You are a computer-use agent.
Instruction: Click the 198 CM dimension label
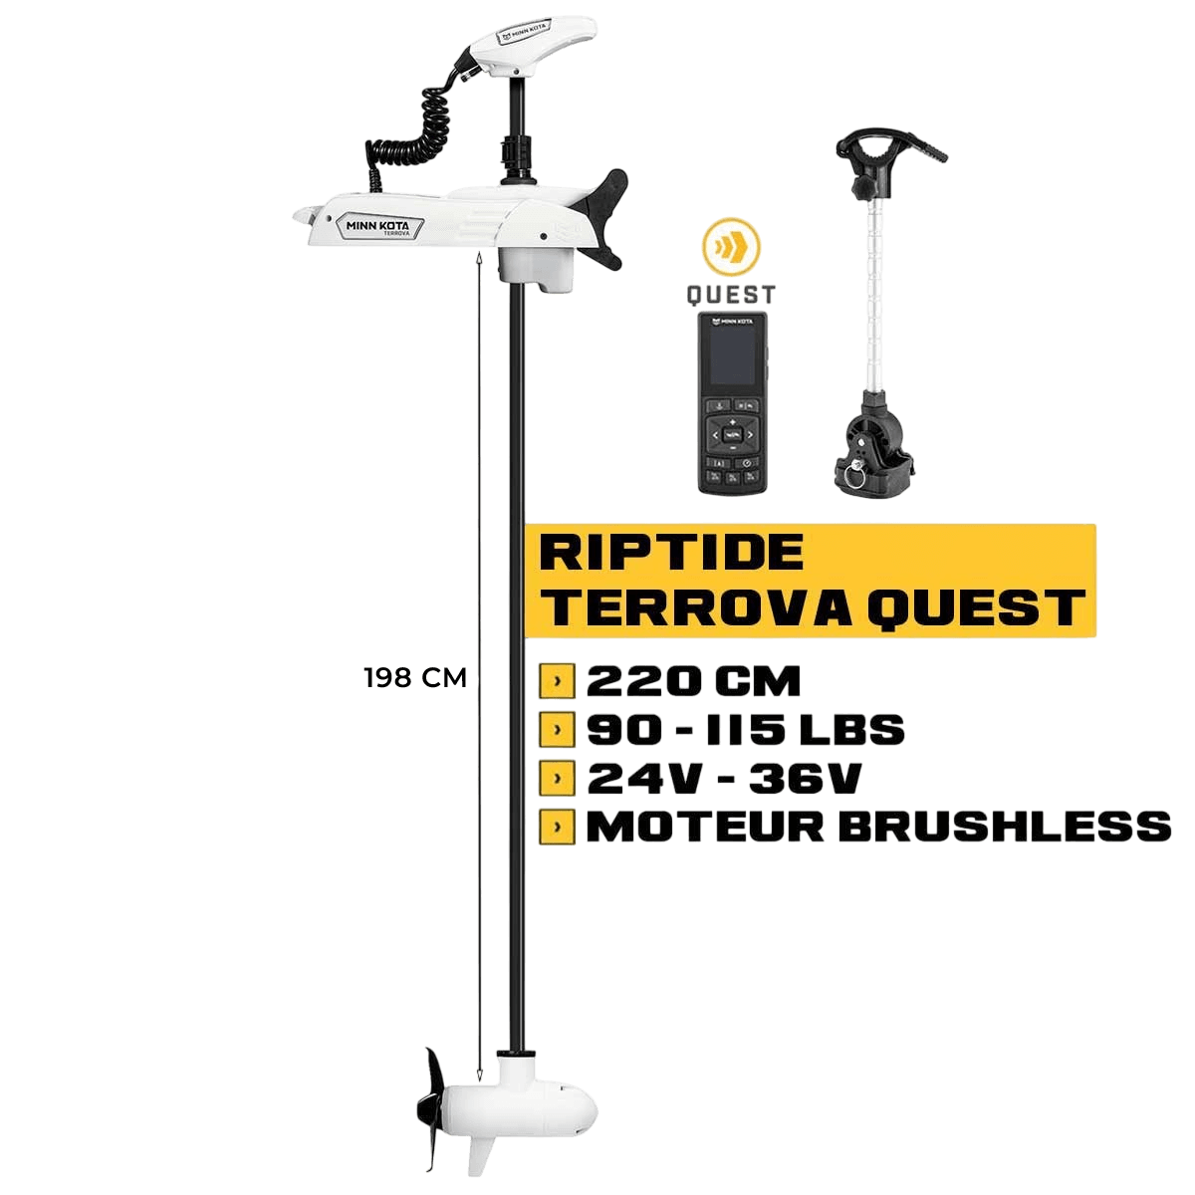coord(415,679)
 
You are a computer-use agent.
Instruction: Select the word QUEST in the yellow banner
coord(975,606)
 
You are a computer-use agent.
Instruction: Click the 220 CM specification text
coord(693,682)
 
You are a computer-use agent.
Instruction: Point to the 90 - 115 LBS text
coord(745,730)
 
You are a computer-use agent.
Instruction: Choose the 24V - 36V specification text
coord(723,779)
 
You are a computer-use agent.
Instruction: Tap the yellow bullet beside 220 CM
coord(557,682)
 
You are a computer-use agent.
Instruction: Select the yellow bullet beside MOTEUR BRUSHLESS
coord(557,827)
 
